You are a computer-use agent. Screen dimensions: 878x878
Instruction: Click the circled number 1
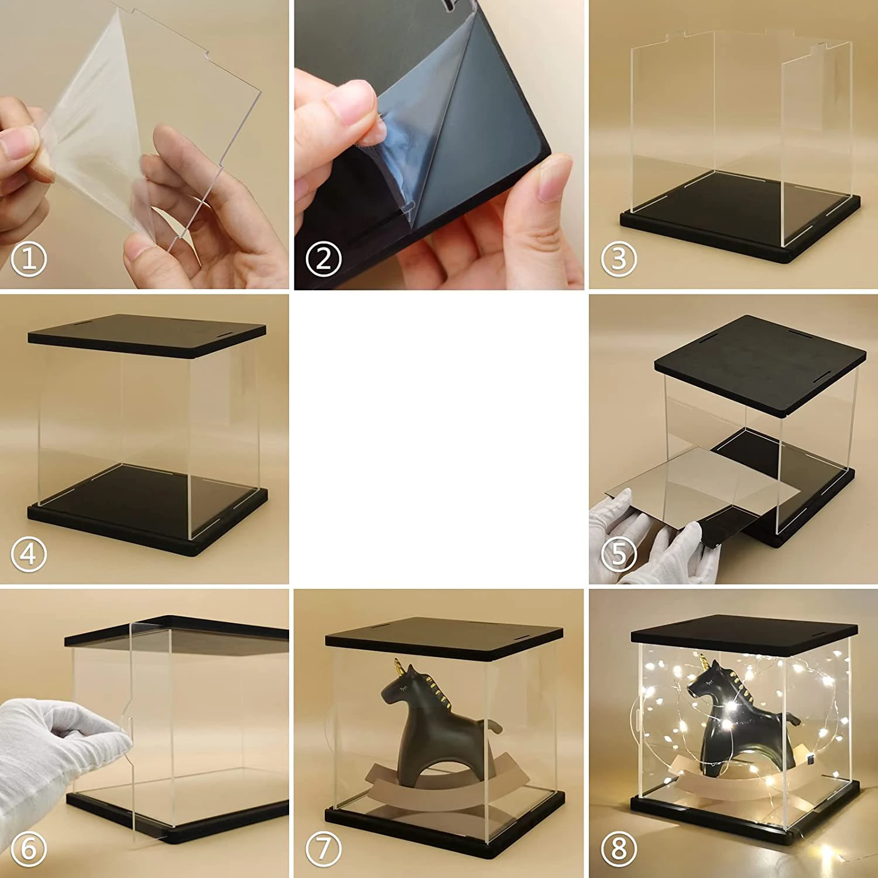pyautogui.click(x=28, y=259)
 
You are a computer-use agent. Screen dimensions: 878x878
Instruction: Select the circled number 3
pyautogui.click(x=619, y=259)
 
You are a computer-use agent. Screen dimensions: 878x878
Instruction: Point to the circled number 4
pyautogui.click(x=28, y=554)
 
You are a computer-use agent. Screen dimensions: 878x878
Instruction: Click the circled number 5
pyautogui.click(x=619, y=554)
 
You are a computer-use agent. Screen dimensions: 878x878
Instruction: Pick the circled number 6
pyautogui.click(x=28, y=849)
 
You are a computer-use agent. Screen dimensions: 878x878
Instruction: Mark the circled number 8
pyautogui.click(x=619, y=849)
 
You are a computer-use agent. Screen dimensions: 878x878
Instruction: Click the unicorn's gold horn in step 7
pyautogui.click(x=398, y=666)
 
